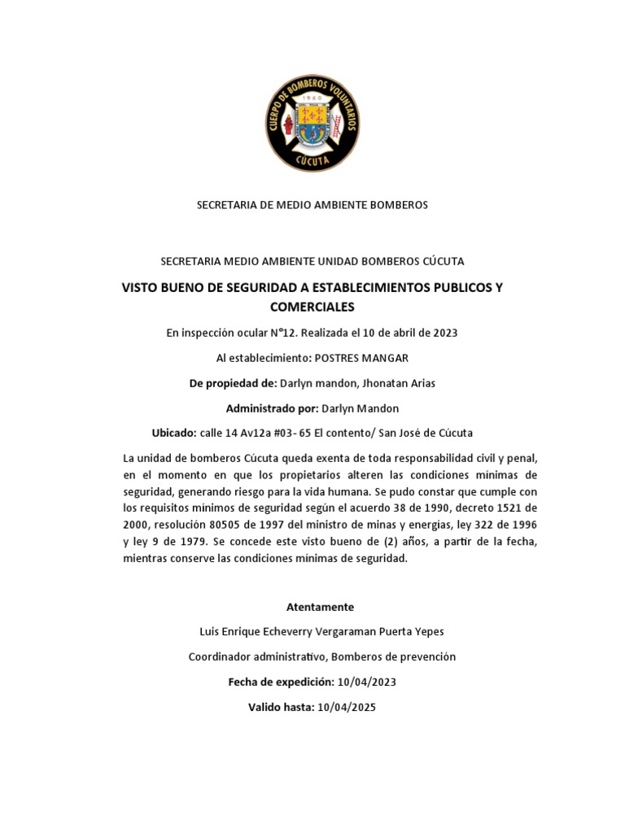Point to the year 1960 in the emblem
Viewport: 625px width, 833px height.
point(312,95)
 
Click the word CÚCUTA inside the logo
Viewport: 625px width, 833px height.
point(312,161)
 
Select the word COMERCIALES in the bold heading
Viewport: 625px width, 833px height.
point(312,307)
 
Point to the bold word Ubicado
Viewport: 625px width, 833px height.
point(173,432)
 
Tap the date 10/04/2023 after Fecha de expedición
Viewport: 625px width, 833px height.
point(366,682)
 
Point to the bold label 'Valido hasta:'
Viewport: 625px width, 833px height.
point(281,707)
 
